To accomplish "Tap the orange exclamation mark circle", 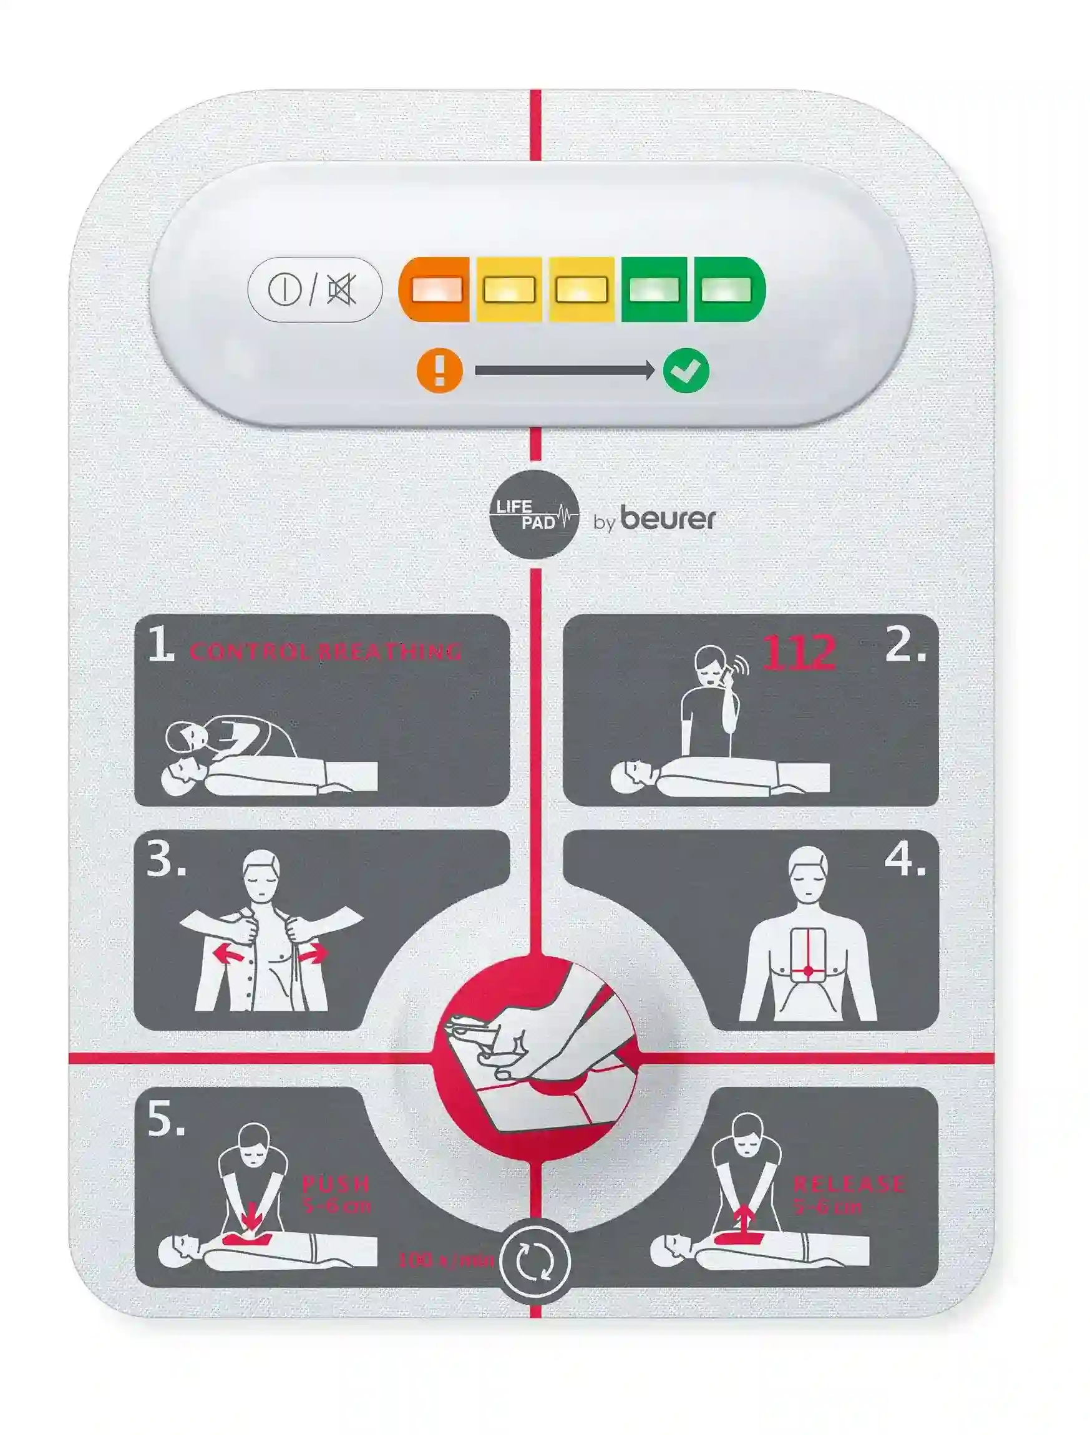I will point(439,371).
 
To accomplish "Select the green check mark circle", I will point(686,371).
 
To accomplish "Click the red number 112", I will point(797,652).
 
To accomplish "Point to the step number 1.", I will point(160,646).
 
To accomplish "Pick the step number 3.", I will point(165,862).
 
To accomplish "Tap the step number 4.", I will point(905,862).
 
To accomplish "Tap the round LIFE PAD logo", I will point(533,515).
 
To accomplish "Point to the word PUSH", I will point(336,1184).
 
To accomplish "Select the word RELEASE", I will point(847,1184).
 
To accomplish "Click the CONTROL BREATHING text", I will point(326,651).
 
